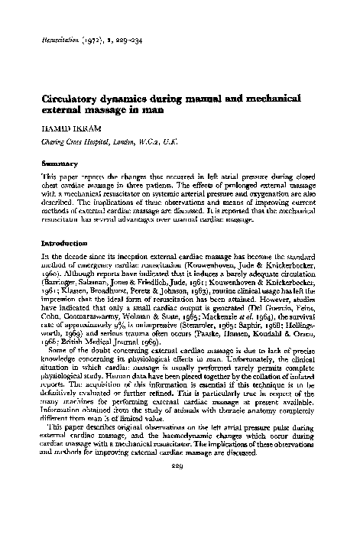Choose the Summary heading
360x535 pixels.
[x=63, y=162]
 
